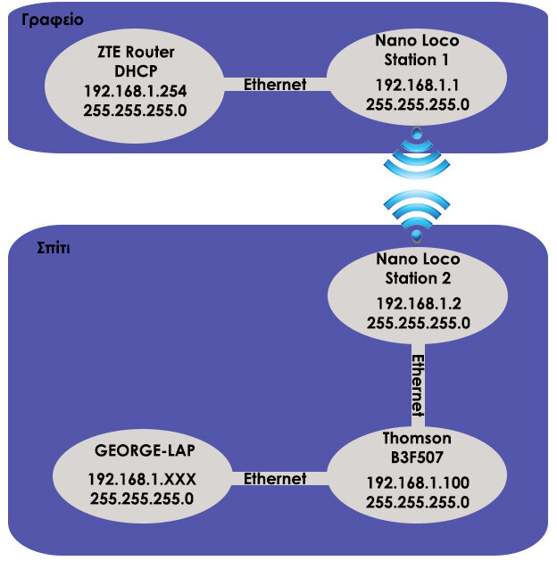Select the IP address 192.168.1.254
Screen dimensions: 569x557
pos(136,91)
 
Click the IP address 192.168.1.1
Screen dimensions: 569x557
pos(418,86)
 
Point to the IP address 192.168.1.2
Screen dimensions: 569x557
pos(418,304)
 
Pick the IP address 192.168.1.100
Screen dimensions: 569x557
pos(418,483)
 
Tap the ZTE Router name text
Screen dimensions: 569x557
pos(136,53)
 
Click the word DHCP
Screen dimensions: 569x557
pos(136,71)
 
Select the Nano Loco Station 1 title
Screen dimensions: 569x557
pos(418,51)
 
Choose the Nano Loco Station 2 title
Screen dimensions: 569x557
pos(418,270)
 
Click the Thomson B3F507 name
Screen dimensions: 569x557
pos(418,448)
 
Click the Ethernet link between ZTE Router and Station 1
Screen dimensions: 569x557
pos(276,85)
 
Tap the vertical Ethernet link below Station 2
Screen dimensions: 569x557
pos(417,386)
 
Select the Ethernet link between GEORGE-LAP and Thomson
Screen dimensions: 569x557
pos(276,479)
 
